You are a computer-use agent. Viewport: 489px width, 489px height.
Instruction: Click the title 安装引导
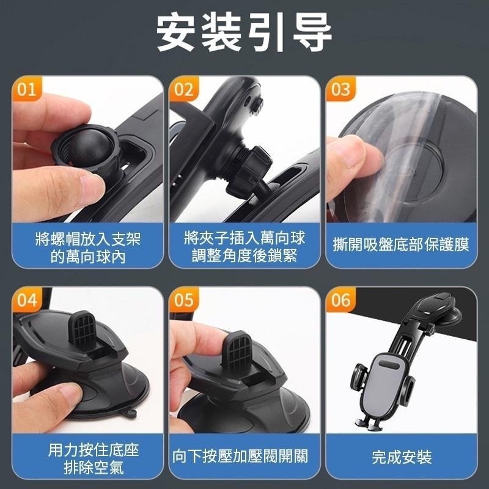coord(244,32)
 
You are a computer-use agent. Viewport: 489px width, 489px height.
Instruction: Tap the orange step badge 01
coord(26,90)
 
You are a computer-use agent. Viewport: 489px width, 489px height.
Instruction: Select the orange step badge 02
coord(183,90)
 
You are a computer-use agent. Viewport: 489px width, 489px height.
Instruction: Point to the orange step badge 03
coord(340,90)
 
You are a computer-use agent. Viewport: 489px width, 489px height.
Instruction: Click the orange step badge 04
coord(26,300)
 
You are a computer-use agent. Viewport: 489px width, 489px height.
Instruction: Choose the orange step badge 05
coord(183,300)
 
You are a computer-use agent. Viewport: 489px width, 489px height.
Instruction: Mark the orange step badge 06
coord(340,300)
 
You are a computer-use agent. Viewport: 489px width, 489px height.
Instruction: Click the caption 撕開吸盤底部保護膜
coord(401,246)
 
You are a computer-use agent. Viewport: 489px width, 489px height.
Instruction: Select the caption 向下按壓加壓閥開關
coord(244,455)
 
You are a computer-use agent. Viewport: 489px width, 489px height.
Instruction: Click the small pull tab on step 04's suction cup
coord(130,416)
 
